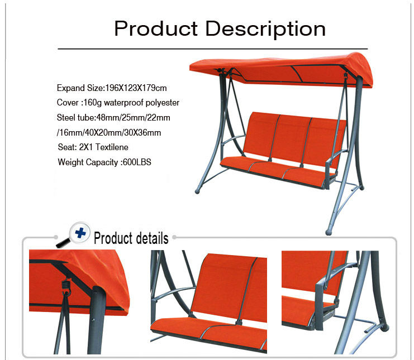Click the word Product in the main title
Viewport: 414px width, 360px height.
tap(156, 28)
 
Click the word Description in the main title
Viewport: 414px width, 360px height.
tap(265, 30)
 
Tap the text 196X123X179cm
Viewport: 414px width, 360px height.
tap(136, 88)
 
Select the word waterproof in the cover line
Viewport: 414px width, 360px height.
tap(123, 103)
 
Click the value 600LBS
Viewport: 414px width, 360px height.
tap(137, 162)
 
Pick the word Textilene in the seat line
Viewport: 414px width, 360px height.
tap(112, 147)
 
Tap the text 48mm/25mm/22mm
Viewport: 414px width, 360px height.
tap(134, 117)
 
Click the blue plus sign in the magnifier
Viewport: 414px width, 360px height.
tap(80, 233)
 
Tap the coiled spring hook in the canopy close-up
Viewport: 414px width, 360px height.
tap(66, 287)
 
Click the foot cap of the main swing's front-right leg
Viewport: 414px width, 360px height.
tap(329, 232)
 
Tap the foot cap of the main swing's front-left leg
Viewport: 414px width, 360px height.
tap(197, 191)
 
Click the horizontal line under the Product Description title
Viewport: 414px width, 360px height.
tap(213, 49)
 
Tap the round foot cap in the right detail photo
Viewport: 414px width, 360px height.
tap(384, 328)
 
